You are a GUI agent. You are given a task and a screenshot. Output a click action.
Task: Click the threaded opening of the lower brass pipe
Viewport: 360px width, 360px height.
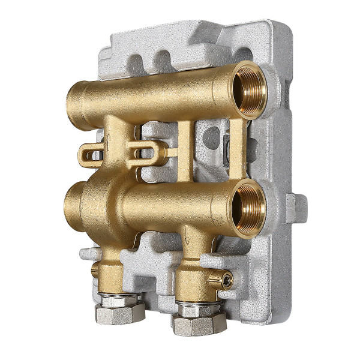251,207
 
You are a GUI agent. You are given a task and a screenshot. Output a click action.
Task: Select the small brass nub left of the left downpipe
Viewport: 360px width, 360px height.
94,271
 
